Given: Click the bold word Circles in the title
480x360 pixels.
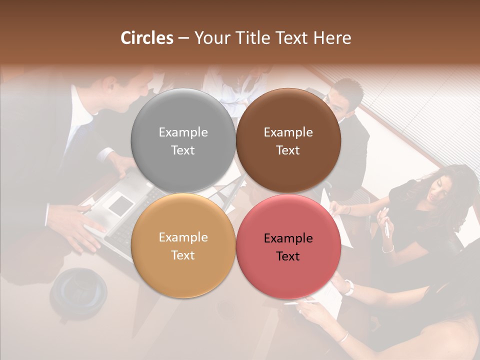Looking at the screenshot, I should click(x=146, y=38).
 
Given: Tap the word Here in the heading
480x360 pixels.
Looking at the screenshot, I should click(x=332, y=38).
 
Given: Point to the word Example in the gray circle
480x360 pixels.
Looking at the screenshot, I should click(x=183, y=132).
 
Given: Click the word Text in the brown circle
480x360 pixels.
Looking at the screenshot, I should click(x=288, y=150).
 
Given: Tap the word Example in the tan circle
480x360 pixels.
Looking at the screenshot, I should click(x=183, y=237).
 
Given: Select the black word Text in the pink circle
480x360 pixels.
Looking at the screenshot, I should click(x=288, y=256).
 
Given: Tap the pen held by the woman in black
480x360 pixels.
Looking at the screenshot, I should click(x=386, y=228).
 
